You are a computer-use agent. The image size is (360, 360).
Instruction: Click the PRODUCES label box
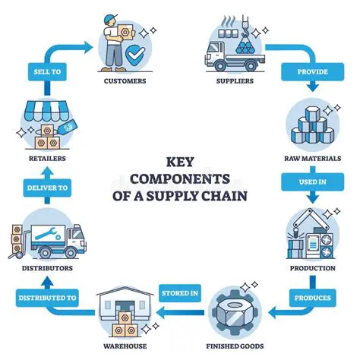click(311, 298)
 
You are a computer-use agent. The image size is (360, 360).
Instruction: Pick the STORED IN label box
click(181, 291)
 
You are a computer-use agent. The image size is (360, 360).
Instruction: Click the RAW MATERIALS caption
click(312, 158)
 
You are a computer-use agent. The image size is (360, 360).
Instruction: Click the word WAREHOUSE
click(124, 347)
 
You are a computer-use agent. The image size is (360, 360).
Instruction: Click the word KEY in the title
click(180, 161)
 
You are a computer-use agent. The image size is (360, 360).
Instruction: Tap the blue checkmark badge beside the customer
click(134, 56)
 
